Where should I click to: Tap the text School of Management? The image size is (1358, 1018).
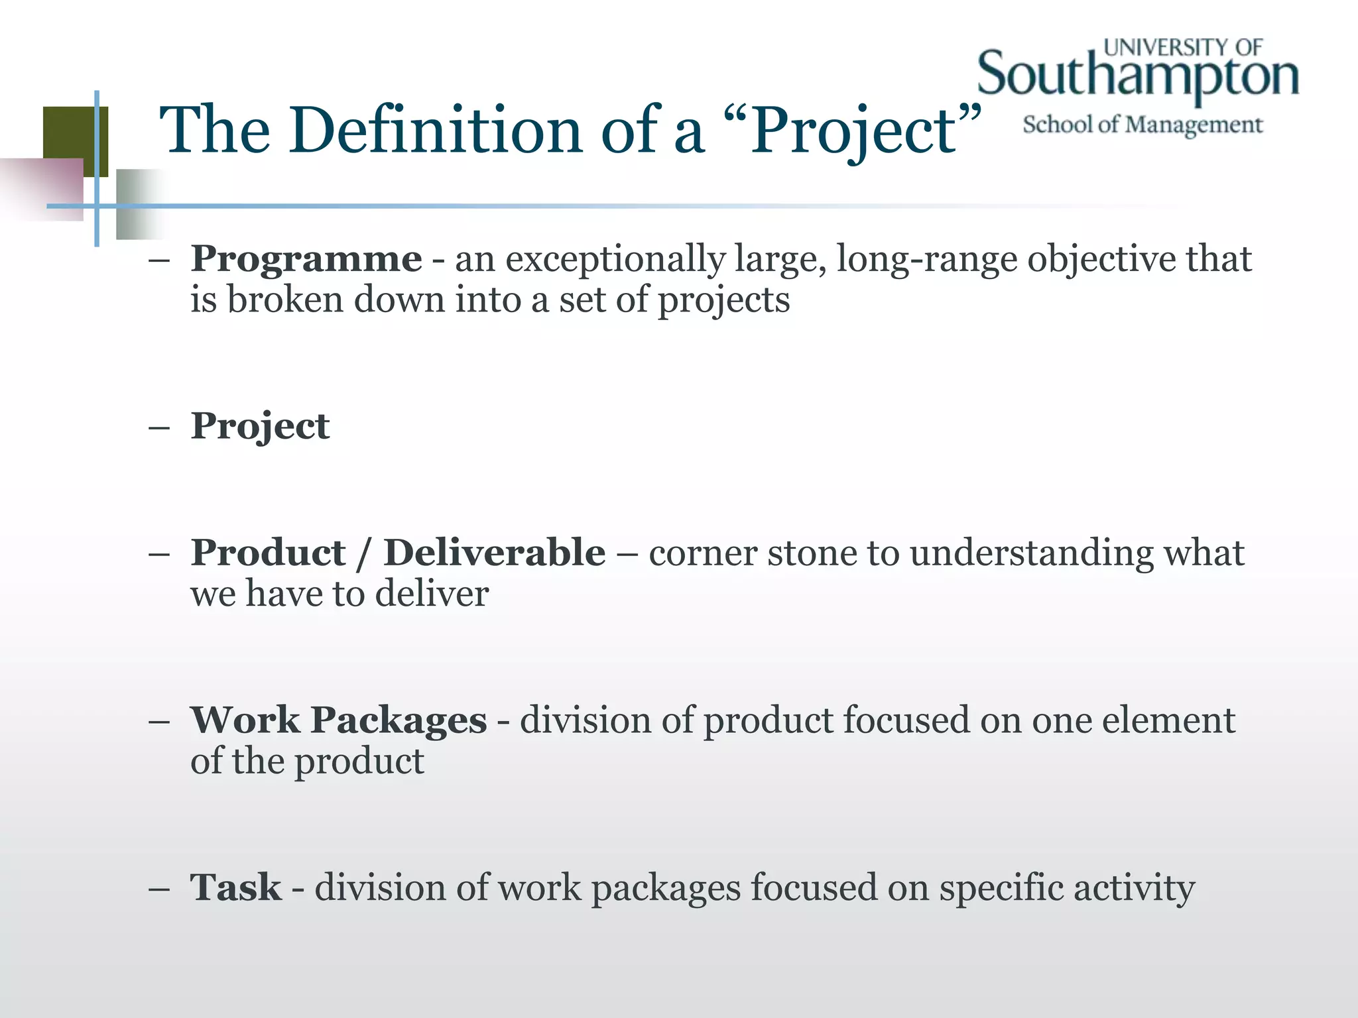click(1142, 125)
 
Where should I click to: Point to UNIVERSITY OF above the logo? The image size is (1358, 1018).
click(1183, 48)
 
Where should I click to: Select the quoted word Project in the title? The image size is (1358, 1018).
click(853, 132)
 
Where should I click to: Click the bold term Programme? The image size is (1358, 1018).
click(306, 258)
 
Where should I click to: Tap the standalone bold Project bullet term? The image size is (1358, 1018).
click(260, 426)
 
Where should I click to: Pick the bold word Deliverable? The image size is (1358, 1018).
click(495, 553)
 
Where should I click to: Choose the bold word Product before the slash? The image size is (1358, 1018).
click(268, 553)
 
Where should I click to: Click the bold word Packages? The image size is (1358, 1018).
click(399, 720)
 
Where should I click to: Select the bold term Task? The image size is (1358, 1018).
click(235, 887)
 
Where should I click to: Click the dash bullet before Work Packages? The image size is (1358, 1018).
click(159, 721)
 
